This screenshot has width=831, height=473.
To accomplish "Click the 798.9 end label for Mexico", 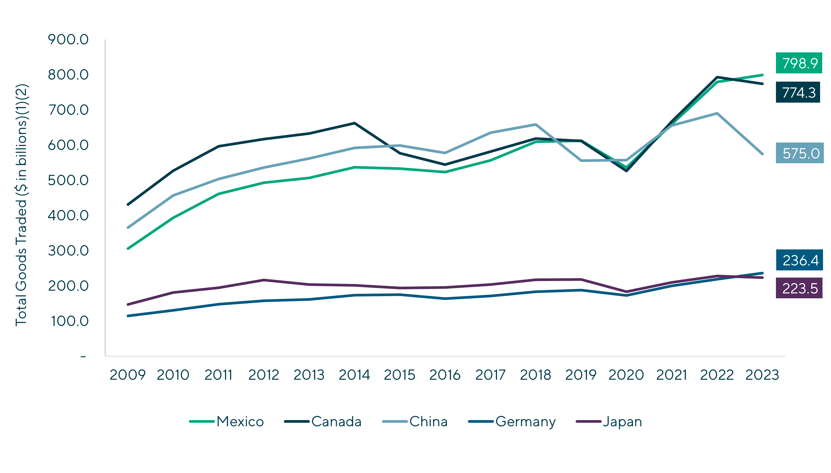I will (x=799, y=63).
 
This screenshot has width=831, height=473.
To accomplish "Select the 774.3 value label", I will (x=798, y=93).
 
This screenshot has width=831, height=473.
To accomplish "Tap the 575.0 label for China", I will (x=799, y=153).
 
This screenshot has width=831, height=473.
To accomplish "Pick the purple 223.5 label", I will (x=799, y=288).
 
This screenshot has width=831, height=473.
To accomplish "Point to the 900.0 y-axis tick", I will (x=68, y=40).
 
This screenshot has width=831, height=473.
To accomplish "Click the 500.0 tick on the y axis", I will (x=68, y=180).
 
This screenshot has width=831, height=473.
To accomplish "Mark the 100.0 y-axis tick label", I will (x=69, y=321).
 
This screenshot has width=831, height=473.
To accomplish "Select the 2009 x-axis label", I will (x=127, y=375).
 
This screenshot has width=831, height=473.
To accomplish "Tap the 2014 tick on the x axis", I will (x=354, y=375).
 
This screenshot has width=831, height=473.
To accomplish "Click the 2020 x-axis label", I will (x=626, y=375).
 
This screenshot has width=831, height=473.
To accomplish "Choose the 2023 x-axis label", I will (x=762, y=375).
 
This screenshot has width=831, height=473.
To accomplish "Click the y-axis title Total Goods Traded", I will (x=22, y=205).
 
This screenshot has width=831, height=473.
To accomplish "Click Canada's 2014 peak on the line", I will (x=354, y=123).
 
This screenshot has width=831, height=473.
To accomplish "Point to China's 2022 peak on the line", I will (x=717, y=113).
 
